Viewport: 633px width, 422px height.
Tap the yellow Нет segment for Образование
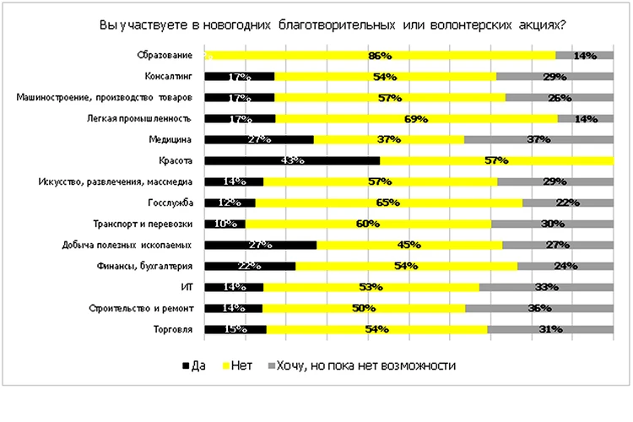tap(380, 56)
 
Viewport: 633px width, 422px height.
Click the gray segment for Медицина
tap(538, 139)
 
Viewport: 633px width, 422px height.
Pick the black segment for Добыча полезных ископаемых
tap(261, 245)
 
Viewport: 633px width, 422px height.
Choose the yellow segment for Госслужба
tap(388, 203)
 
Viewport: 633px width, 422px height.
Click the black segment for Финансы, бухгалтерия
tap(250, 266)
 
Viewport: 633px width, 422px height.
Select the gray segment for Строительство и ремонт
tap(539, 308)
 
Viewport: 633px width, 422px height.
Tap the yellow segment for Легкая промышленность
tap(416, 119)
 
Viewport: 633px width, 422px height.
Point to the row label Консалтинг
tap(172, 77)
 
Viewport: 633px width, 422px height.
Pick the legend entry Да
tap(193, 366)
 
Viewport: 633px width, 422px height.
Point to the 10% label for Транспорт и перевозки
tap(225, 224)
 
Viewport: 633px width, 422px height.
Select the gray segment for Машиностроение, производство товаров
tap(559, 98)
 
